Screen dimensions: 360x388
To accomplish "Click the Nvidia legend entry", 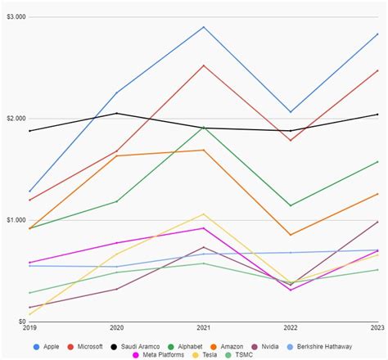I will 290,346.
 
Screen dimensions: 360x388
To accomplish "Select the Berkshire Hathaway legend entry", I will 341,346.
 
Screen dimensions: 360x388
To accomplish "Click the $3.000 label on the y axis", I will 16,16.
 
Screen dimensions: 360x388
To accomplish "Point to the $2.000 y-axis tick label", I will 16,119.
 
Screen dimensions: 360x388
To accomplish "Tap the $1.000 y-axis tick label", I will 16,220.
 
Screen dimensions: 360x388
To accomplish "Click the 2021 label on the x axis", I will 204,328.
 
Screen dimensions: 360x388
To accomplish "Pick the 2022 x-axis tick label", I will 291,328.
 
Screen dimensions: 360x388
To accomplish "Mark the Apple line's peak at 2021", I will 204,27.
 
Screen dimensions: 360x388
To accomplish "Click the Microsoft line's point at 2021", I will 204,65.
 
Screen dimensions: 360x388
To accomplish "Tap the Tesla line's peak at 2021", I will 204,214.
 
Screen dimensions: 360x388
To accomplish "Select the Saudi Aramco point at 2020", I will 116,113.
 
